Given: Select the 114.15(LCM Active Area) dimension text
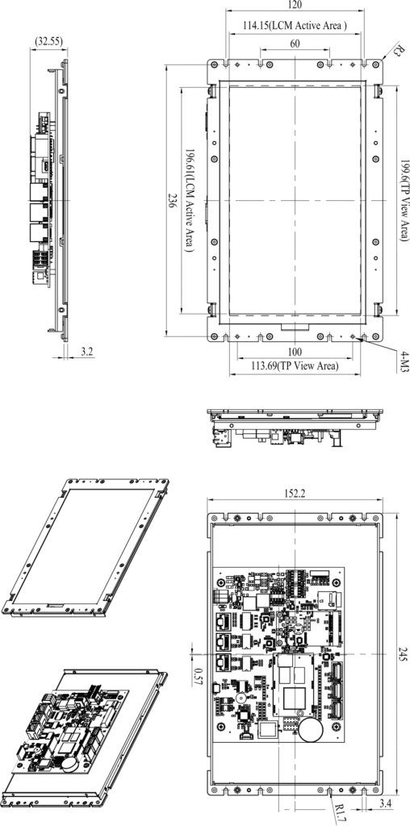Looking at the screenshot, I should [295, 26].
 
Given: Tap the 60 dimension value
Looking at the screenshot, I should [295, 44].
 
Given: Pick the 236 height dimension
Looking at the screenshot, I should [170, 200].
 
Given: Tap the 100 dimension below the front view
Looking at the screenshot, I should [295, 352].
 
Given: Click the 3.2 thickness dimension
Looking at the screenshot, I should [87, 351].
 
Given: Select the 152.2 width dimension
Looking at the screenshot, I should [295, 493].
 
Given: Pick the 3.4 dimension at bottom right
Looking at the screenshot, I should [384, 804].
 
